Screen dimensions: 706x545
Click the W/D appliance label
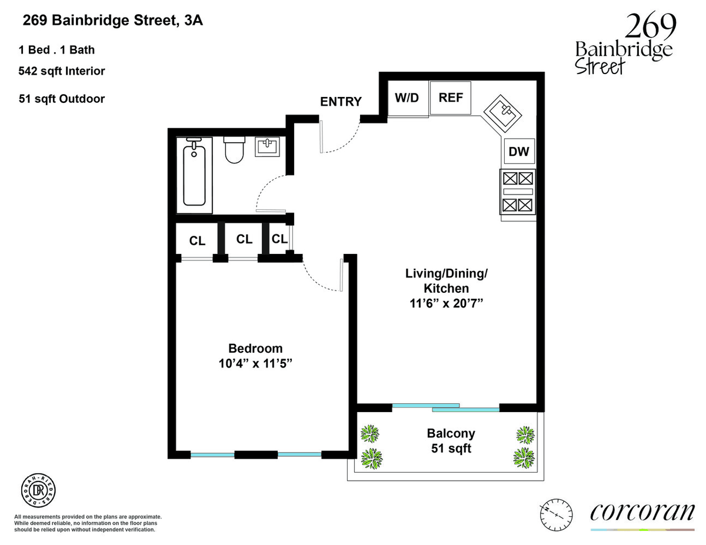click(x=407, y=98)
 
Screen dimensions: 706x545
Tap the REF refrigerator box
click(x=450, y=98)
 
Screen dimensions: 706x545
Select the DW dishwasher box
click(x=519, y=151)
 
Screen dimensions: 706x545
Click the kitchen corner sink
click(x=502, y=113)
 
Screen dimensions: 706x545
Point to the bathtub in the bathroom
click(x=194, y=175)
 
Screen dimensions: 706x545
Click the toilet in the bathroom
click(x=234, y=150)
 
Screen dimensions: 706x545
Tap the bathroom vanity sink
click(x=267, y=147)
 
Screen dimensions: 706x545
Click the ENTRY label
click(x=341, y=102)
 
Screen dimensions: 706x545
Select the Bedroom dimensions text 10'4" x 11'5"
click(x=255, y=363)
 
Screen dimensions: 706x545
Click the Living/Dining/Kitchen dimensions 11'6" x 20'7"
click(x=446, y=303)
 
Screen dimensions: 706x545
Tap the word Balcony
click(x=451, y=433)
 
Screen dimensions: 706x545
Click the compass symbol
click(x=556, y=515)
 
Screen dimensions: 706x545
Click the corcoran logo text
click(x=642, y=512)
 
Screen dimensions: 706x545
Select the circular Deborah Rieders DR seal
click(x=38, y=490)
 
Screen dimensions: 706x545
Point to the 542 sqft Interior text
click(x=62, y=71)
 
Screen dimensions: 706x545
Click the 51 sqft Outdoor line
click(x=62, y=99)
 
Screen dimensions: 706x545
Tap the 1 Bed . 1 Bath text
click(x=57, y=50)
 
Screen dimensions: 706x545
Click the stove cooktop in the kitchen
click(x=518, y=192)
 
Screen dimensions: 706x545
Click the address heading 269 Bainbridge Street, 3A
click(x=113, y=21)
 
